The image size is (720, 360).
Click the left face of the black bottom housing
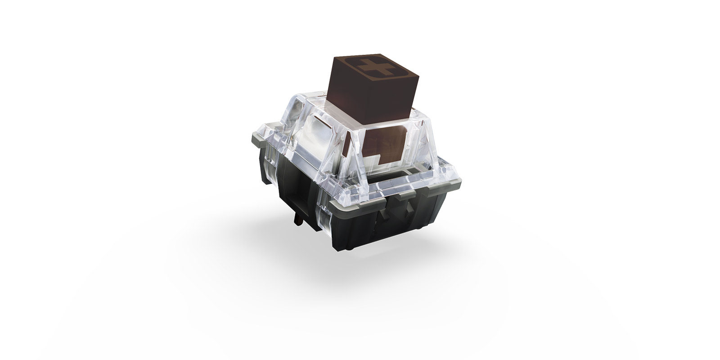pos(288,198)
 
